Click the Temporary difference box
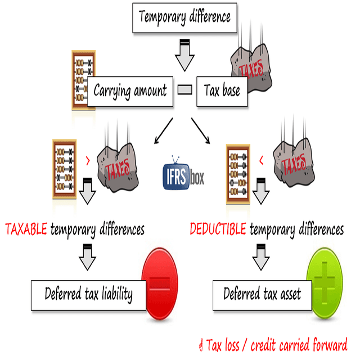point(184,16)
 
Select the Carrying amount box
point(130,90)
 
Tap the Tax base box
point(222,91)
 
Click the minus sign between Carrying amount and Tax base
point(184,89)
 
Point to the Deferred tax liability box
point(88,294)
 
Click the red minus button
point(160,282)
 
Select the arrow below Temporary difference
point(184,55)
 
